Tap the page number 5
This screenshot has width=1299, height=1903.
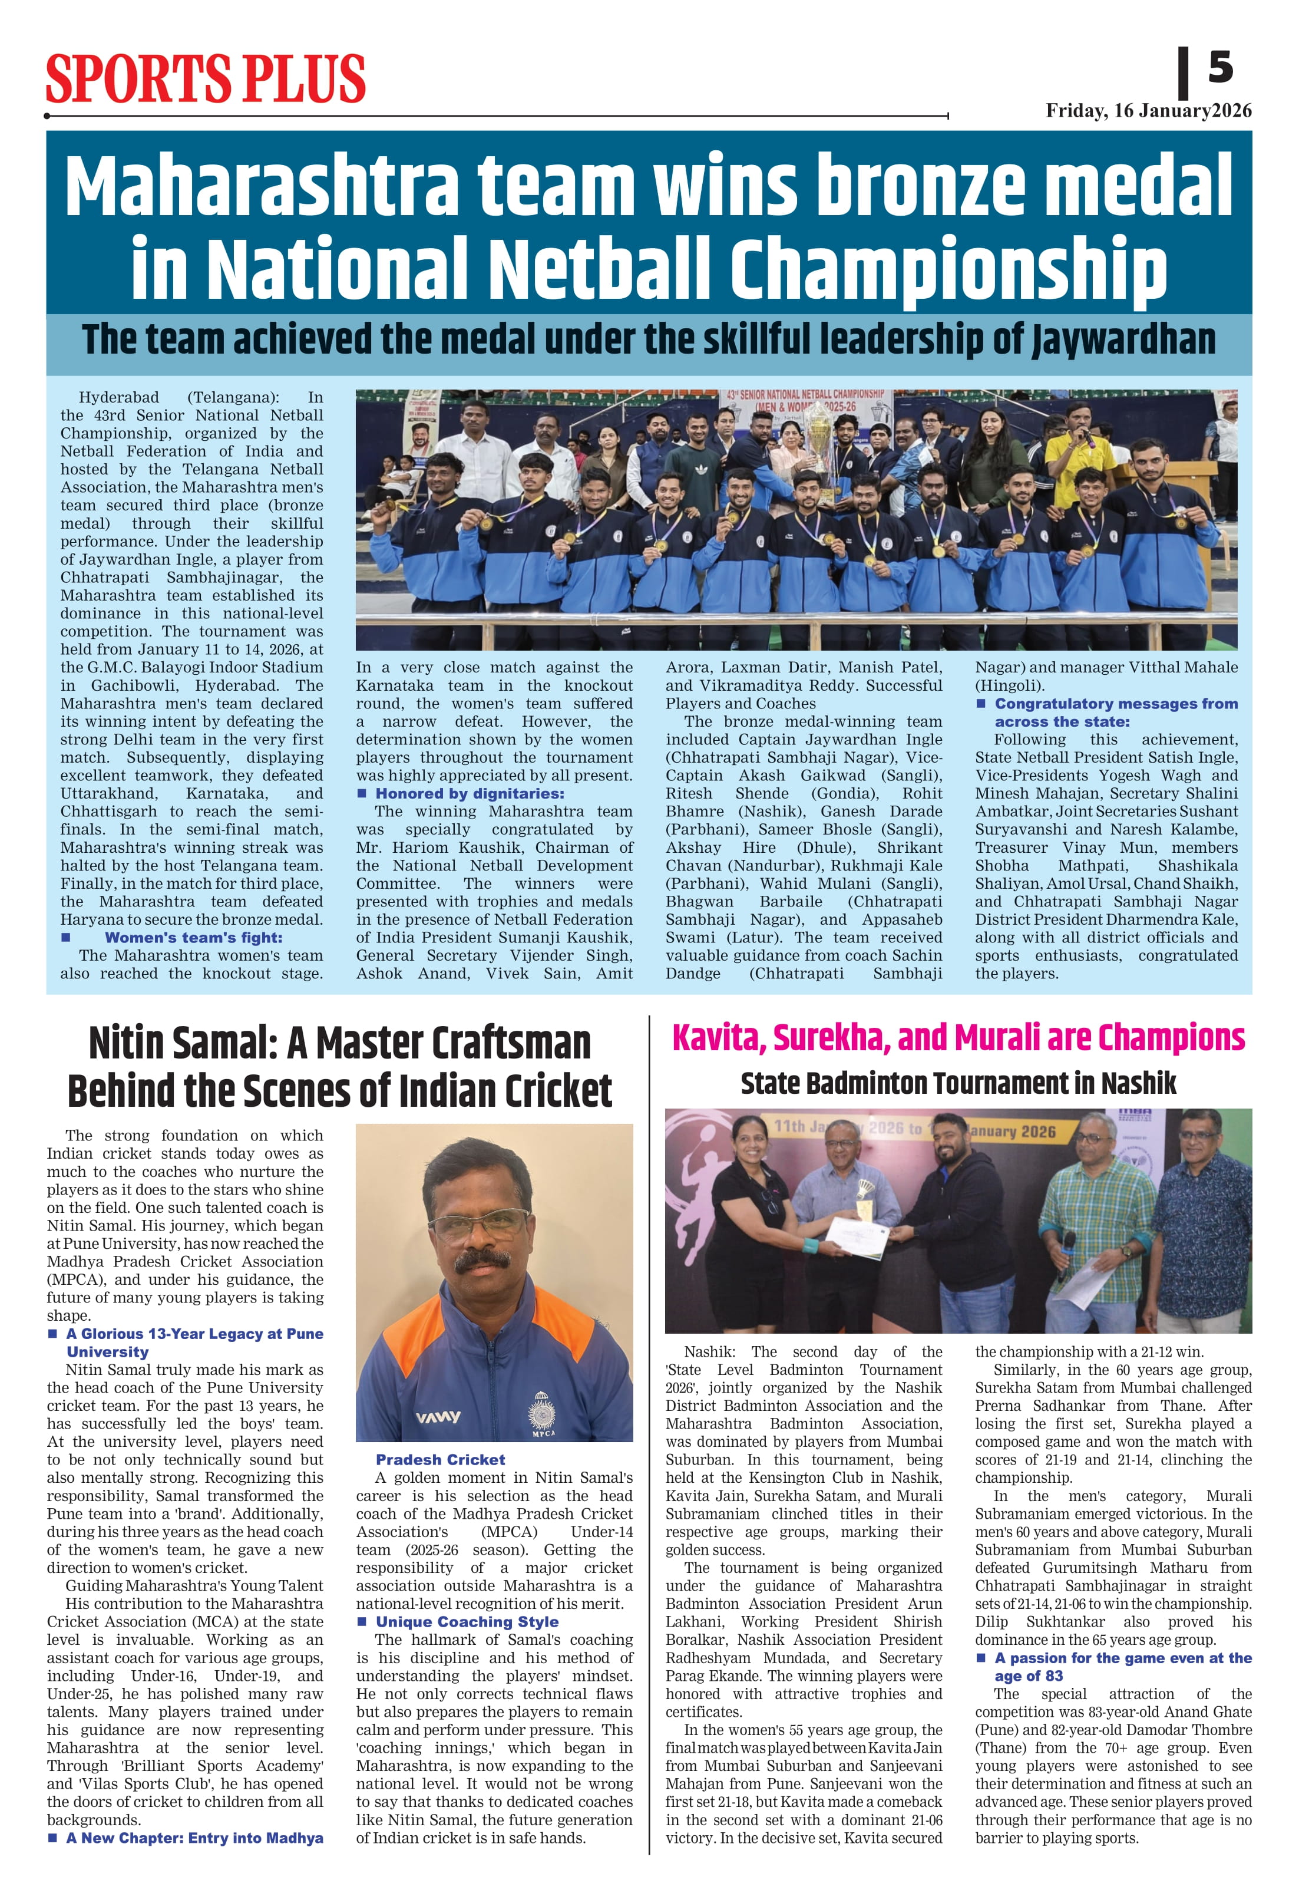1219,67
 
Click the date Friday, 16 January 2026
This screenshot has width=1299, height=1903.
1148,111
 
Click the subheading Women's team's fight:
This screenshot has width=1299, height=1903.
193,938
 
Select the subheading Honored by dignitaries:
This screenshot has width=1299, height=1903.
469,793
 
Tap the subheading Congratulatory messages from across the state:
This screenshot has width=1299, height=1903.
1115,713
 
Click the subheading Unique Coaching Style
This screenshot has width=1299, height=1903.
467,1622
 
